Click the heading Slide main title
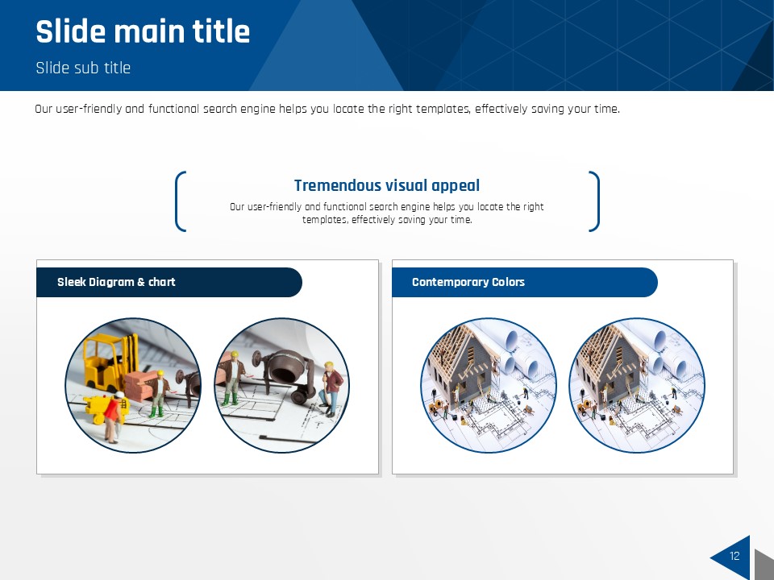point(143,31)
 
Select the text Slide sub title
point(83,68)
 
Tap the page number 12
point(734,556)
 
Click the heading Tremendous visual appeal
point(387,185)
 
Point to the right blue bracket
point(596,201)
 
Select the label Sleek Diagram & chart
point(116,282)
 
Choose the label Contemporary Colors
point(468,282)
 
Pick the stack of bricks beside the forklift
point(139,386)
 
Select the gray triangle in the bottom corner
point(764,565)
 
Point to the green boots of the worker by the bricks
point(156,412)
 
